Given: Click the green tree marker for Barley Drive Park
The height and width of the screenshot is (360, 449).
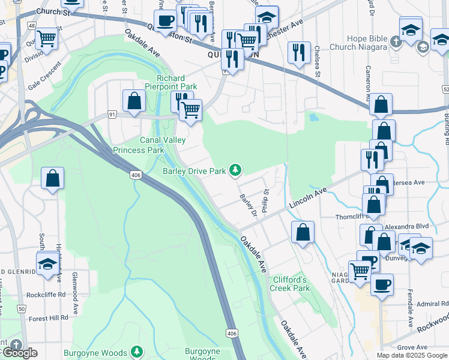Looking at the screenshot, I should [x=237, y=171].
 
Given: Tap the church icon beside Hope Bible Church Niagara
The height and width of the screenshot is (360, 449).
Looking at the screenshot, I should [x=395, y=42].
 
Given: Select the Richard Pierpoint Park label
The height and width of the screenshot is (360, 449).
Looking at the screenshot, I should [x=176, y=83].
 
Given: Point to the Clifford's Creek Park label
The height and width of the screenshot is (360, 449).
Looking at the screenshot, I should [x=291, y=284].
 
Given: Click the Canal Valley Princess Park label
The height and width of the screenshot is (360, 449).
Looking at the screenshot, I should [x=147, y=145].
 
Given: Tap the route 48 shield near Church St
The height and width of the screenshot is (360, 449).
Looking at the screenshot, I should [x=31, y=26].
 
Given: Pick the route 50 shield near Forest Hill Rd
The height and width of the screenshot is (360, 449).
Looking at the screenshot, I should [x=21, y=308].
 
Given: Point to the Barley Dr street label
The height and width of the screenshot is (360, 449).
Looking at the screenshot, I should [x=248, y=206].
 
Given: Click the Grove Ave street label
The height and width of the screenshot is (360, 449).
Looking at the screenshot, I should [x=411, y=347].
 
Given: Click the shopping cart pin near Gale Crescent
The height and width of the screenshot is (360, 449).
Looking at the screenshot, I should [x=46, y=39].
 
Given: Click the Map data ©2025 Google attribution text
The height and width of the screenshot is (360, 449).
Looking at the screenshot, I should [x=412, y=355].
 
